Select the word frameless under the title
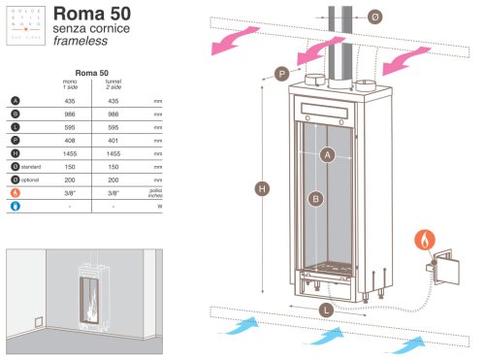103,45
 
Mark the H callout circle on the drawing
263,188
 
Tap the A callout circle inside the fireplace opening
327,153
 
